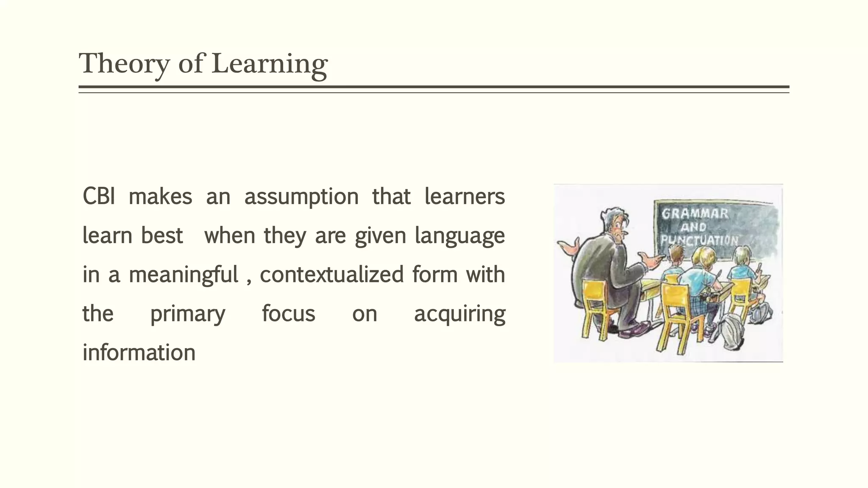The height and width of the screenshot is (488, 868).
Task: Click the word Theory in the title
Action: (124, 64)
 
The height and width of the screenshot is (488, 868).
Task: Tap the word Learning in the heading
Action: (269, 64)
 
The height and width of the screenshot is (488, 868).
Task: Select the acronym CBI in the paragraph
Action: (98, 197)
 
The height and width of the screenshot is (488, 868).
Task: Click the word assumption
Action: (301, 197)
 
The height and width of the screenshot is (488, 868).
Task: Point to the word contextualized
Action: (331, 274)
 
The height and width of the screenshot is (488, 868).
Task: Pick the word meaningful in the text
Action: (183, 274)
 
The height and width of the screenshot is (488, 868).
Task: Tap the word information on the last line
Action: (139, 352)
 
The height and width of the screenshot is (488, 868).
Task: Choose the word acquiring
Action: (459, 314)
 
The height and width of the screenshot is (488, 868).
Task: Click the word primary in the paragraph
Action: (188, 314)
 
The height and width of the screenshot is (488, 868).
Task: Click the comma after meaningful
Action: (249, 281)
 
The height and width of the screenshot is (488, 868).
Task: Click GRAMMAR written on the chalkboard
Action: (695, 213)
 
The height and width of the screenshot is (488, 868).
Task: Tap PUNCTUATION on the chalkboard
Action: (699, 240)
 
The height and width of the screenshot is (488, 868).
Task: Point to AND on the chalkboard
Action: (693, 227)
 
